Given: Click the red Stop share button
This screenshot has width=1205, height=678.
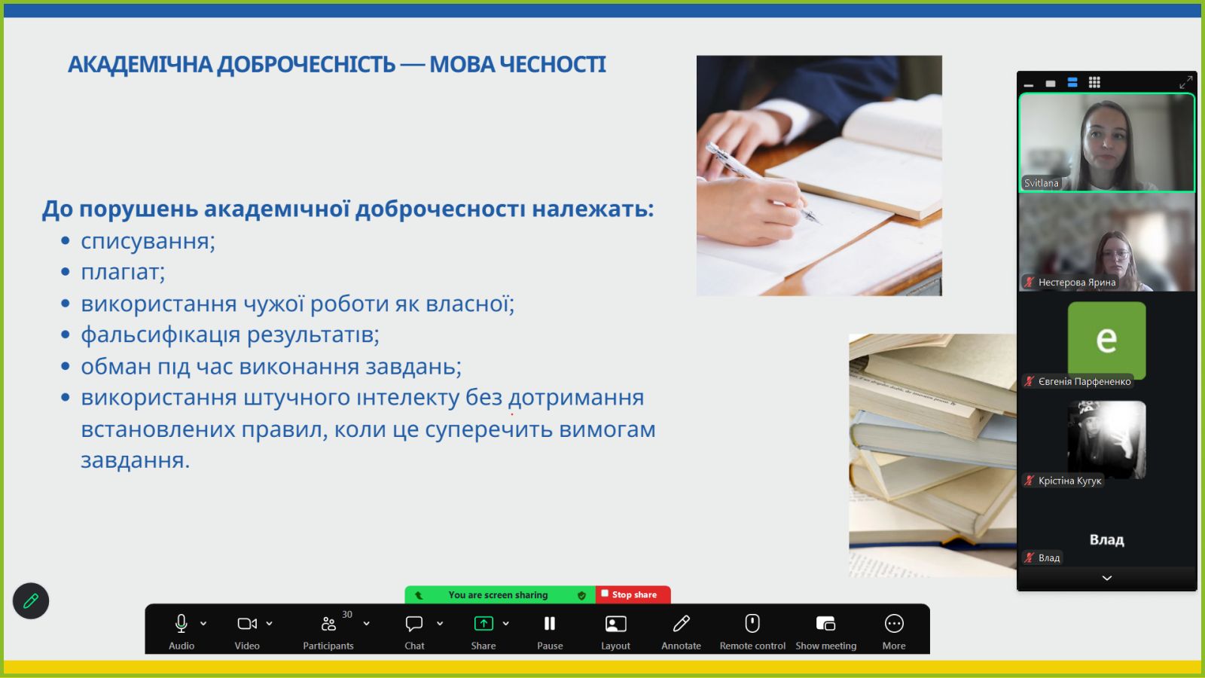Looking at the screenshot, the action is point(633,594).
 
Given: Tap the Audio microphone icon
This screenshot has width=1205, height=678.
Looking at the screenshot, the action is point(182,624).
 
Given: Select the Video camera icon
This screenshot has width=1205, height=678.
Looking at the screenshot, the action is point(247,624).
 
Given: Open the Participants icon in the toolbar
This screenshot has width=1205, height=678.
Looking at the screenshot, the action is point(328,624).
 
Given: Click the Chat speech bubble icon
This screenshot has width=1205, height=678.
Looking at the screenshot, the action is point(413,624).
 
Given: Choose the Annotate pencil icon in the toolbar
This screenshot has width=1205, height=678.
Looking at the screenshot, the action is point(681,624).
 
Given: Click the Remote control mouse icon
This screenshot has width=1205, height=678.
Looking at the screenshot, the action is point(752,624).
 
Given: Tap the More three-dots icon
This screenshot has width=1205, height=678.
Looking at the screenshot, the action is point(893,624).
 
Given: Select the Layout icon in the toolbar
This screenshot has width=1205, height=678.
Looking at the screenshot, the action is point(615,624).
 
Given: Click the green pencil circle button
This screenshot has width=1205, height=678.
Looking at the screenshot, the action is point(31,600).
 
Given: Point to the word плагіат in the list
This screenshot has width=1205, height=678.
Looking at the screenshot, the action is point(123,272).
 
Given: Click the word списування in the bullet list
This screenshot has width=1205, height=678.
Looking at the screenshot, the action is point(148,241).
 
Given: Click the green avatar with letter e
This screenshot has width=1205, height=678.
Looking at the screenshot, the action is point(1106,340).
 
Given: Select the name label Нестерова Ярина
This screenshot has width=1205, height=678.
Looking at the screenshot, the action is point(1076,282).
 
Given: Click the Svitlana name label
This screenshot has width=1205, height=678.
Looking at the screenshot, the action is point(1041,183).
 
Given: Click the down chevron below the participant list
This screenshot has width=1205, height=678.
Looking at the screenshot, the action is point(1106,578).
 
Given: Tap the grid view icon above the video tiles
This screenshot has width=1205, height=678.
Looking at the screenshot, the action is point(1094,82).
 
